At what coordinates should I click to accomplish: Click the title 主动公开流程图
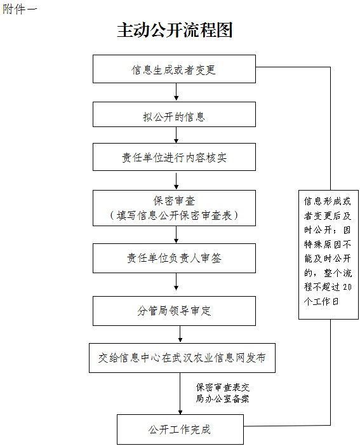coord(175,30)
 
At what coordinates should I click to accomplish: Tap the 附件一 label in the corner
coord(20,10)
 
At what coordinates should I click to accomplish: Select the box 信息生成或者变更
coord(174,69)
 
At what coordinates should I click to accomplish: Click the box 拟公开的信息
coord(174,114)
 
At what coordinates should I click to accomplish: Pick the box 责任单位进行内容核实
coord(174,157)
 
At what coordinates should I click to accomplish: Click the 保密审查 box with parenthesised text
coord(174,208)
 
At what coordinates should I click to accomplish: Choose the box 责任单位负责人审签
coord(174,259)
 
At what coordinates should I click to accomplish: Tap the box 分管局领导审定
coord(174,311)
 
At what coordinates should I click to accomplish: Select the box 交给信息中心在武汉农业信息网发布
coord(182,358)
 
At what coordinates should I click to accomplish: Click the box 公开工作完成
coord(180,429)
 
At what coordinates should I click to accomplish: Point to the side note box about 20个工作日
coord(328,255)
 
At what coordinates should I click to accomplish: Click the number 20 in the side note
coord(347,287)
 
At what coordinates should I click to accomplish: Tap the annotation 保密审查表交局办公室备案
coord(222,393)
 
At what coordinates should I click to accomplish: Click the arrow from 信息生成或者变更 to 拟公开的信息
coord(177,91)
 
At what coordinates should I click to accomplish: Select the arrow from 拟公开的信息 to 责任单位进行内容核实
coord(177,135)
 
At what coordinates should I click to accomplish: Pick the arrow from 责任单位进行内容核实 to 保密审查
coord(177,181)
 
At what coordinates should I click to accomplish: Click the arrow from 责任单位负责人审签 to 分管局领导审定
coord(177,281)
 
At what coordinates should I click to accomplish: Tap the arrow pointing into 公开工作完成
coord(180,393)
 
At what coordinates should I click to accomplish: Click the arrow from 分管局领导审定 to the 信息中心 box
coord(180,334)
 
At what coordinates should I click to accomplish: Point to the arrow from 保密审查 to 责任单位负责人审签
coord(177,234)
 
